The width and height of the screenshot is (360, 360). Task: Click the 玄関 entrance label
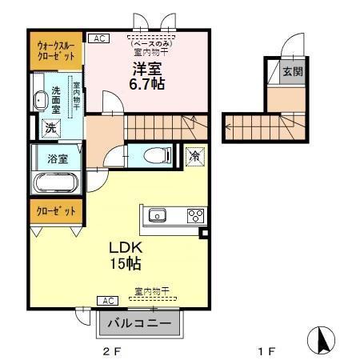click(x=293, y=72)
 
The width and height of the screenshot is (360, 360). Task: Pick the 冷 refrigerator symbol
click(x=194, y=156)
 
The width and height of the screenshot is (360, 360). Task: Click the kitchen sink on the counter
click(x=157, y=214)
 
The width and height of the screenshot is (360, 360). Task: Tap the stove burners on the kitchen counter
click(x=195, y=214)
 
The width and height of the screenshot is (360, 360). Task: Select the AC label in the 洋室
click(x=98, y=38)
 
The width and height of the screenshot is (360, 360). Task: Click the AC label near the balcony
click(x=108, y=300)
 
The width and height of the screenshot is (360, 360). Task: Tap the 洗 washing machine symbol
click(x=49, y=126)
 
